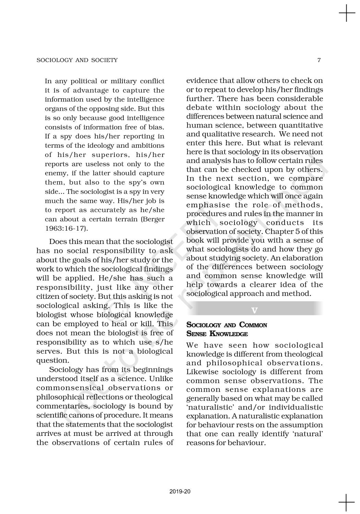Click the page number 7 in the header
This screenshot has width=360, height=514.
(319, 60)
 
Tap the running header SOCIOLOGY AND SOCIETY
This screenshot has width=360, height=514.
(77, 60)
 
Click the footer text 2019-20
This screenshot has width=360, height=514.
(180, 492)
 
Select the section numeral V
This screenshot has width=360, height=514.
(254, 310)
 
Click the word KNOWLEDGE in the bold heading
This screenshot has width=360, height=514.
(229, 334)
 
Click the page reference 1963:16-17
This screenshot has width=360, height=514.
(66, 228)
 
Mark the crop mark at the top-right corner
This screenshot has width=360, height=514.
(347, 14)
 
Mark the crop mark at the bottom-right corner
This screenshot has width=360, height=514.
(347, 503)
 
